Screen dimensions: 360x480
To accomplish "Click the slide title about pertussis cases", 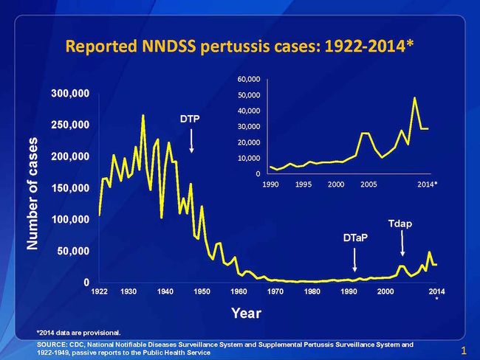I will point(240,46).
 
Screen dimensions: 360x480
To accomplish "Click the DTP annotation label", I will point(191,119).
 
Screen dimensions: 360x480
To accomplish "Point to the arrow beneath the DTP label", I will point(191,139).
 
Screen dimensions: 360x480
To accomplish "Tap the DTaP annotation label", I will point(355,239).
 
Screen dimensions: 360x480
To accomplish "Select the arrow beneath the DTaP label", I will point(355,260).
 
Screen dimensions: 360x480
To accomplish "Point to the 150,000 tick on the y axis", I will point(71,188).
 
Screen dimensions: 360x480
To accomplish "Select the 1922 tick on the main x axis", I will point(100,292).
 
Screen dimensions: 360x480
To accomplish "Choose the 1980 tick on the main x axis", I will point(312,292).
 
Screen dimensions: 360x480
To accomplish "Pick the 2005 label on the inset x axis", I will point(368,184).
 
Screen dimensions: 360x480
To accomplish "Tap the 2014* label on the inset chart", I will point(427,184).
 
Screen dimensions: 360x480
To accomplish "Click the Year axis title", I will point(245,313).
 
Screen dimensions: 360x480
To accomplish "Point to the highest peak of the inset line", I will point(415,97).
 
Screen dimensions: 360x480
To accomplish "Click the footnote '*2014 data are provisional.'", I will point(78,332).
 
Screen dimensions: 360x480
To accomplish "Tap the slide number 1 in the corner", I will point(462,350).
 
